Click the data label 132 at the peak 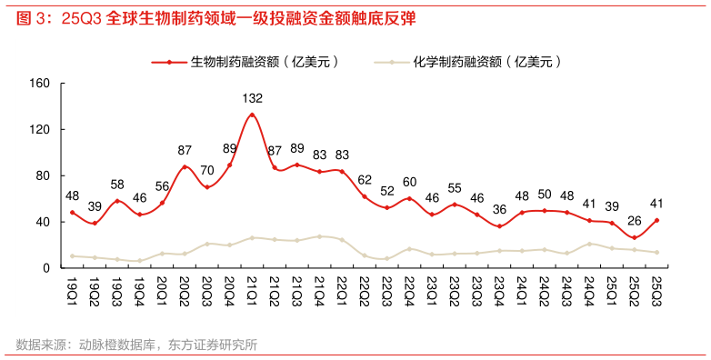pyautogui.click(x=253, y=97)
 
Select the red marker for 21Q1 pyautogui.click(x=253, y=115)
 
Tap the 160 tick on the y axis pyautogui.click(x=39, y=83)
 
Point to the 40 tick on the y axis pyautogui.click(x=42, y=222)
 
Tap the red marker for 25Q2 pyautogui.click(x=634, y=238)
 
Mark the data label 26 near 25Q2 pyautogui.click(x=634, y=221)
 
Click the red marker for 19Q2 pyautogui.click(x=95, y=223)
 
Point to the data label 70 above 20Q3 pyautogui.click(x=207, y=170)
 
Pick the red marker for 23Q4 pyautogui.click(x=499, y=226)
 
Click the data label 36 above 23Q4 pyautogui.click(x=499, y=209)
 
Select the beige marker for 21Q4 pyautogui.click(x=320, y=236)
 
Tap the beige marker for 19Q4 pyautogui.click(x=140, y=261)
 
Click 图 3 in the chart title pyautogui.click(x=30, y=17)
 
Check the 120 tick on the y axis pyautogui.click(x=39, y=129)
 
